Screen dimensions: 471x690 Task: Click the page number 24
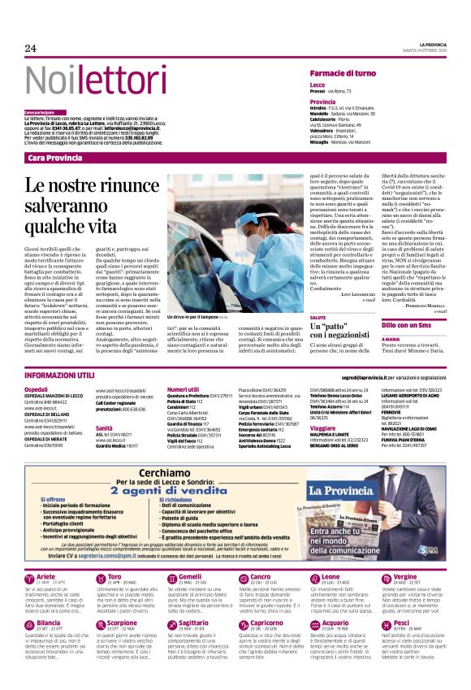click(x=32, y=48)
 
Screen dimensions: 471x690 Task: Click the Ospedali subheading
click(x=37, y=390)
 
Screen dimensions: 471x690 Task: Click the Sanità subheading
click(x=105, y=427)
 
